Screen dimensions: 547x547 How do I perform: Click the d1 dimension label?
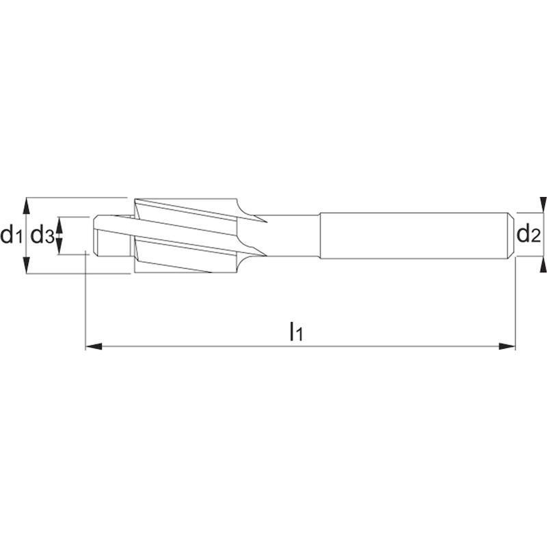[11, 235]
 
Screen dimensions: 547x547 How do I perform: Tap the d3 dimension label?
[42, 235]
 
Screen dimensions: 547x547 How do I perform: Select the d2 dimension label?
[528, 234]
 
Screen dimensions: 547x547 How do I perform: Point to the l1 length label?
[296, 332]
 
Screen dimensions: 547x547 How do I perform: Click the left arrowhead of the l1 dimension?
[94, 347]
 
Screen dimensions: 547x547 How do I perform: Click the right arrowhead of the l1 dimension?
[507, 347]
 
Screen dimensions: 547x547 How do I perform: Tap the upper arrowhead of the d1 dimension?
[26, 206]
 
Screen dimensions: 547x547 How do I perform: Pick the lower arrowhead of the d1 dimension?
[26, 265]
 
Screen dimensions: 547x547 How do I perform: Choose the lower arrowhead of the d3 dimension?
[59, 247]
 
